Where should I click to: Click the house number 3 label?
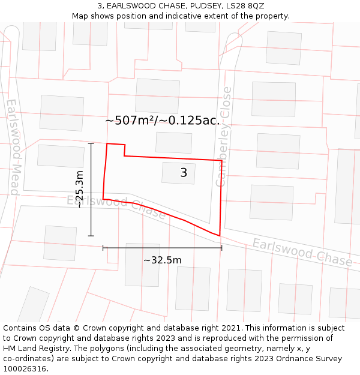tap(184, 173)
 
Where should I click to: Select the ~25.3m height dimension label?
tap(79, 189)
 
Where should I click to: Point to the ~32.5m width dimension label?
tap(162, 260)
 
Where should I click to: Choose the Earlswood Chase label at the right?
tap(302, 253)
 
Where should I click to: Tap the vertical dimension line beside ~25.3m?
tap(91, 190)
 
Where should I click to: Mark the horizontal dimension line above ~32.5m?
tap(162, 247)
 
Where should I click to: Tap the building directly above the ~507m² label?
tap(157, 95)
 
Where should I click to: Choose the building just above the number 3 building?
tap(173, 142)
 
